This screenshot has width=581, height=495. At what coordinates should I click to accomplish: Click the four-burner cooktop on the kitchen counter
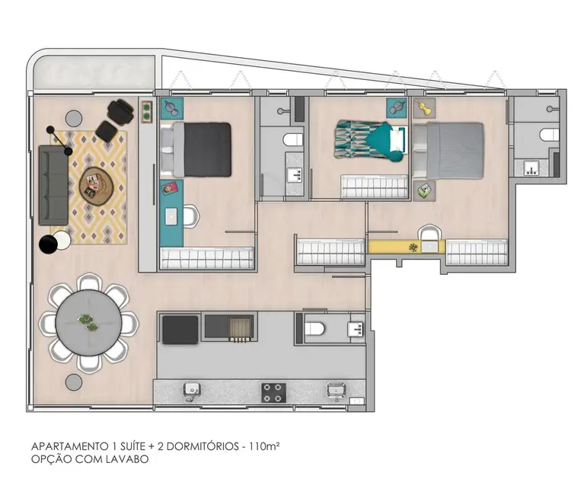(273, 391)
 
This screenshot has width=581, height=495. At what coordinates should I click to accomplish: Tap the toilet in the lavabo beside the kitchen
(314, 329)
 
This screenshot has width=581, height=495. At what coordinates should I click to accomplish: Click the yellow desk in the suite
(396, 247)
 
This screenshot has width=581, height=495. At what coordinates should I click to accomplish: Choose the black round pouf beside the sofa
(48, 244)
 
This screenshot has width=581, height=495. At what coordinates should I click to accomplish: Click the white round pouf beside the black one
(62, 241)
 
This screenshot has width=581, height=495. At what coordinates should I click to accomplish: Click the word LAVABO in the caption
(128, 460)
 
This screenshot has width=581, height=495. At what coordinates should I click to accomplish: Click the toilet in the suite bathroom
(548, 135)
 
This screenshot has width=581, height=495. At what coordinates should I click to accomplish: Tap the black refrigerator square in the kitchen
(180, 329)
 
